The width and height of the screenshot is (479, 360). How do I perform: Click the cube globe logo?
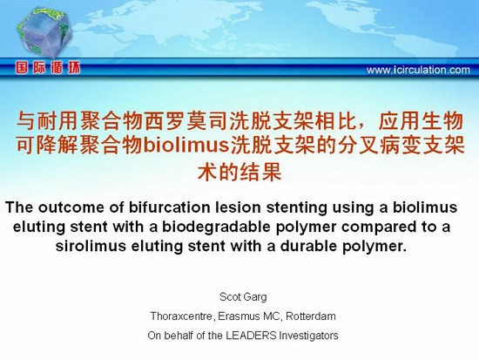click(44, 32)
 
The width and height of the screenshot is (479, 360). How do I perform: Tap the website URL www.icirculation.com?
click(418, 70)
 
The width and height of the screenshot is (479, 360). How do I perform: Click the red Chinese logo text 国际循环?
click(48, 67)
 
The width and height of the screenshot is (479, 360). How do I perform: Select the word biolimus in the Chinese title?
click(186, 145)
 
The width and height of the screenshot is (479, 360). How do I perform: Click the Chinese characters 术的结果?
click(239, 172)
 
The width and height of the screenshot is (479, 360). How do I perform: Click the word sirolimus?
click(91, 246)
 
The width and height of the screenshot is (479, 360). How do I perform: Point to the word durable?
click(308, 246)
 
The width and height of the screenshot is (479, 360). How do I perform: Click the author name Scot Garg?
click(243, 297)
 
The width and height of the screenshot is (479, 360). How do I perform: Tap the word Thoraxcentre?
click(181, 316)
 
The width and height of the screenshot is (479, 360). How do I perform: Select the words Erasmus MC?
click(249, 316)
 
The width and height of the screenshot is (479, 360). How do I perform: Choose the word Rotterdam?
click(311, 316)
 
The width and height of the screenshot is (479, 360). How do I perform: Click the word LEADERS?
click(251, 336)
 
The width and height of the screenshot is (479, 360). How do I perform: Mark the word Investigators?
click(309, 336)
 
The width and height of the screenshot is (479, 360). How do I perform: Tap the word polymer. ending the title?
click(374, 247)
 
